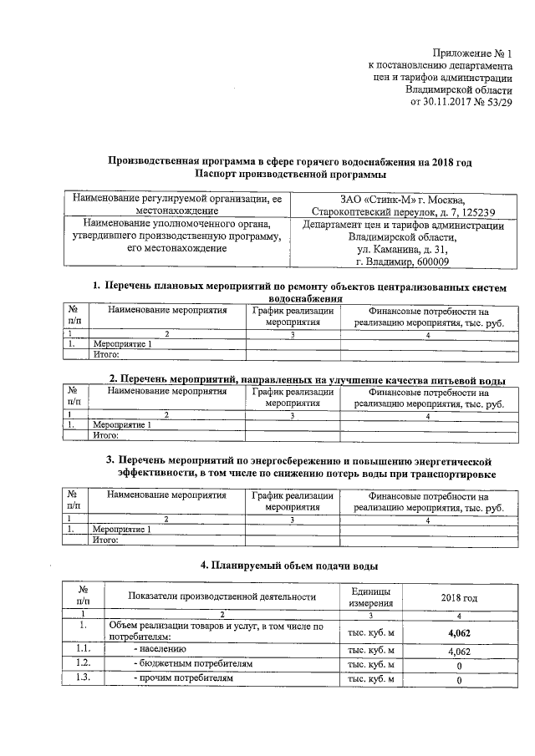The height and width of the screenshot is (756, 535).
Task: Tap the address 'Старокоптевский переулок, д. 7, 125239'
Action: tap(404, 212)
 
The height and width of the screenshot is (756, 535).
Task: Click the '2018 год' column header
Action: tap(459, 598)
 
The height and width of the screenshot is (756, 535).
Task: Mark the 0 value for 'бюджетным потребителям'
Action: tap(459, 666)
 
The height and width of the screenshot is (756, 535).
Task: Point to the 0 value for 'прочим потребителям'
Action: tap(459, 681)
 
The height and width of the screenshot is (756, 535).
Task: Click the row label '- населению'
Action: tap(160, 649)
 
